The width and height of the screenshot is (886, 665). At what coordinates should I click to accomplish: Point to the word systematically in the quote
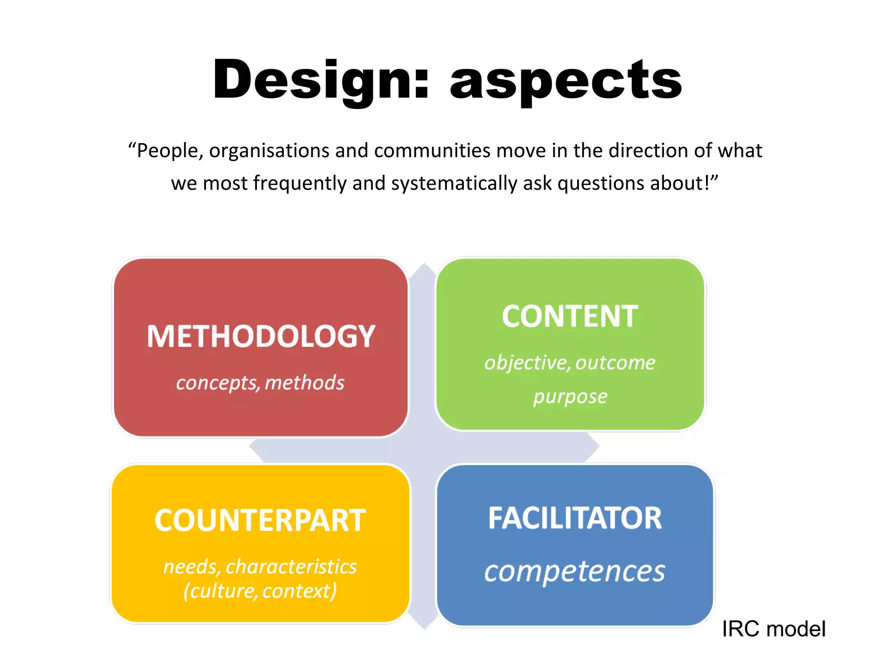click(x=454, y=183)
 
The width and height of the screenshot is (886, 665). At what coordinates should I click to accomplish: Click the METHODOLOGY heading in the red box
click(x=261, y=336)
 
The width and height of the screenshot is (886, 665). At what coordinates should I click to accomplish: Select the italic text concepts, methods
click(x=260, y=383)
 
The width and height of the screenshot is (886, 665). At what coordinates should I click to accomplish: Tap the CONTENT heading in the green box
click(x=570, y=316)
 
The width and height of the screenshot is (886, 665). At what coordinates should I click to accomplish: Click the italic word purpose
click(x=570, y=397)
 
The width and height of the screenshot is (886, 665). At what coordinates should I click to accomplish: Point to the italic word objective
click(x=526, y=363)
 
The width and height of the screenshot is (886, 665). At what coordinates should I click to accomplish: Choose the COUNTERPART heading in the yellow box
click(x=260, y=520)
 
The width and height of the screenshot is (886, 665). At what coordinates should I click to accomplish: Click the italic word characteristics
click(x=291, y=567)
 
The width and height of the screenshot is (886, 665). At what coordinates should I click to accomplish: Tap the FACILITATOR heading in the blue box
click(x=575, y=518)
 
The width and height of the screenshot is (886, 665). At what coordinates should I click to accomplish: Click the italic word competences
click(x=575, y=571)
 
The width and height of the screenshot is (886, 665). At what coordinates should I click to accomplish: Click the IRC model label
click(x=774, y=629)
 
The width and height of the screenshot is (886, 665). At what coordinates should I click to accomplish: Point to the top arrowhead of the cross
click(x=424, y=270)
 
